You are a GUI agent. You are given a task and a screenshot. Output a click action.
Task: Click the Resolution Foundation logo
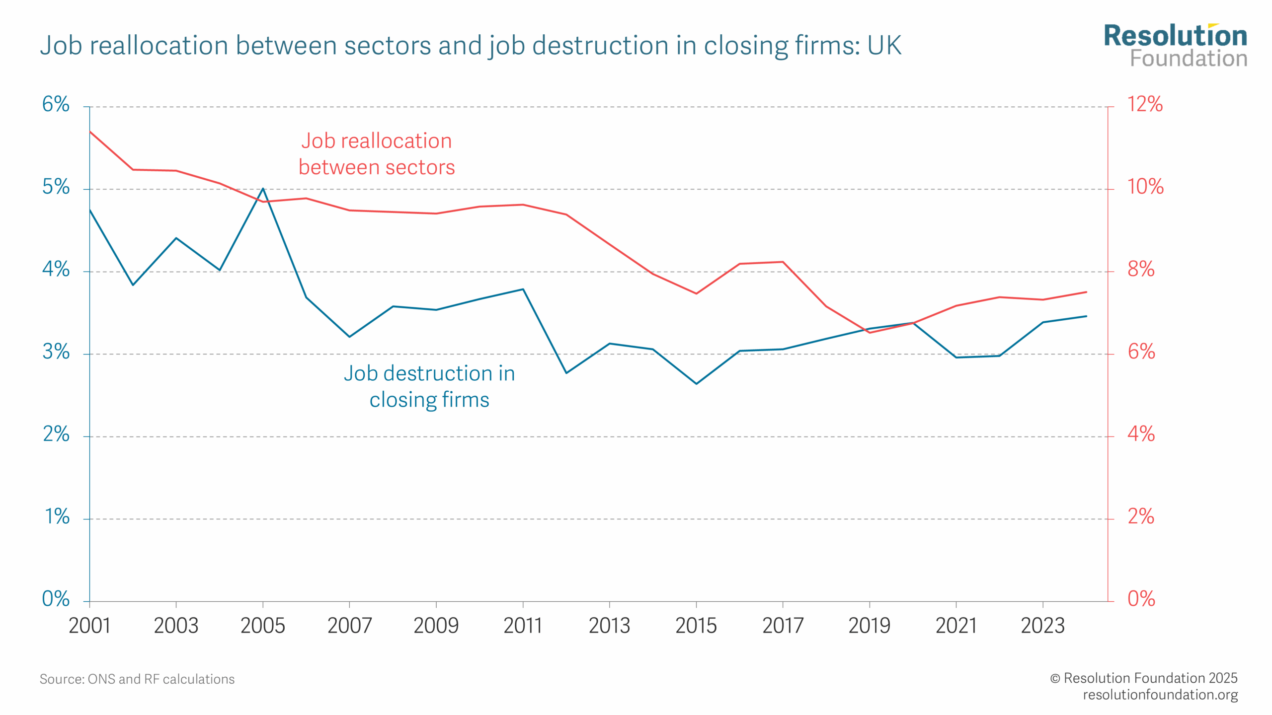click(1175, 46)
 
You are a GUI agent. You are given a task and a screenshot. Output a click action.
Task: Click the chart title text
click(470, 46)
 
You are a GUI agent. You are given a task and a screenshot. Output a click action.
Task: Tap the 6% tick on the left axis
click(56, 104)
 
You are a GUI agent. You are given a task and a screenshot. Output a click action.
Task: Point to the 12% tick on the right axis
click(1145, 104)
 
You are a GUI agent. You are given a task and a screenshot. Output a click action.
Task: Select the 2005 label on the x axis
click(263, 626)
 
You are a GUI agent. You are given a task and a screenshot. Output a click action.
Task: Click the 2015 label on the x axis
click(696, 626)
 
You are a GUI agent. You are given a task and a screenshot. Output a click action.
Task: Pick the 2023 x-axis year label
click(1042, 626)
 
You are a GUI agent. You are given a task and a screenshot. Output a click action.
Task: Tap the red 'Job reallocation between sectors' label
click(377, 154)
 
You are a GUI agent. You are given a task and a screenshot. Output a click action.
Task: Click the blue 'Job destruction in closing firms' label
click(429, 386)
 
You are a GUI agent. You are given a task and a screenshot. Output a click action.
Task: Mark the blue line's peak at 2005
click(263, 189)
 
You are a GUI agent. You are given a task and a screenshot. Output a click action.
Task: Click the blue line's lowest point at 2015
click(696, 383)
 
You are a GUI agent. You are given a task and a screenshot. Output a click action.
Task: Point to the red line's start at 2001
click(90, 132)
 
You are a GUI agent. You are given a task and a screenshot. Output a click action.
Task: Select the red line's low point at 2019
click(870, 332)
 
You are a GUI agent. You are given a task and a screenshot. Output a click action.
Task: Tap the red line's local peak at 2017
click(783, 262)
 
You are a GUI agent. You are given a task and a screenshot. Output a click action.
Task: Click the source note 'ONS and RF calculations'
click(137, 679)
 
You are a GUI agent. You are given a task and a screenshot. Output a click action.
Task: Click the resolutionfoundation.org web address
click(1160, 694)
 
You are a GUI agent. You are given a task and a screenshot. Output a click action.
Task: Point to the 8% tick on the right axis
click(1141, 270)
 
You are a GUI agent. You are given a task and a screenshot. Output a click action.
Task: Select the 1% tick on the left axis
click(57, 517)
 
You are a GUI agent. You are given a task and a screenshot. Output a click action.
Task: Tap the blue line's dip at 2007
click(349, 337)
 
